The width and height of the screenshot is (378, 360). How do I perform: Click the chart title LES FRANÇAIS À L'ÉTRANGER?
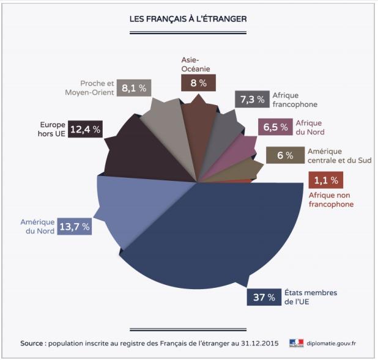pos(188,19)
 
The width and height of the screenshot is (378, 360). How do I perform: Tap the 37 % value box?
pos(262,297)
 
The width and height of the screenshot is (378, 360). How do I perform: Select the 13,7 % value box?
pos(75,227)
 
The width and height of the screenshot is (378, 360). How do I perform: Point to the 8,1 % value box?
pos(134,87)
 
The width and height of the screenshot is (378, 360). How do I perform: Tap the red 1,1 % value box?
pos(325,180)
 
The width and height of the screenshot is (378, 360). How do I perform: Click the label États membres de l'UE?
pos(310,297)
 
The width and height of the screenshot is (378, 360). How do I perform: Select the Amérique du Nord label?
pos(38,227)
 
